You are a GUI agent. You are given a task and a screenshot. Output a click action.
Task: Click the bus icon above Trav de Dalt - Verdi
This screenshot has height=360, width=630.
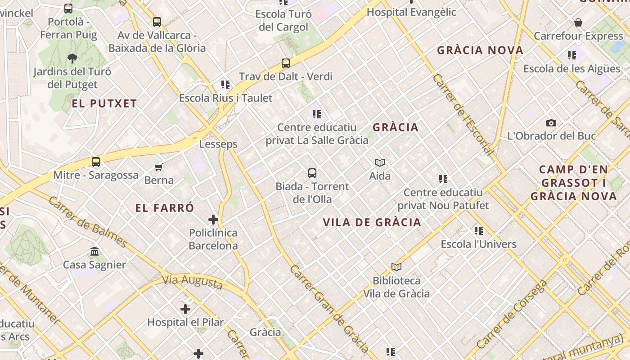pyautogui.click(x=286, y=63)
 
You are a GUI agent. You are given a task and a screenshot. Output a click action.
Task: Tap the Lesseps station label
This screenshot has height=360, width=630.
pyautogui.click(x=218, y=144)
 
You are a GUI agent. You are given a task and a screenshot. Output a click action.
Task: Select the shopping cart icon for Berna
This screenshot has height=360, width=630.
pyautogui.click(x=158, y=167)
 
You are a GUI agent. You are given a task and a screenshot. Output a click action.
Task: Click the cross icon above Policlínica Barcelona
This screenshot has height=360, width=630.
pyautogui.click(x=213, y=220)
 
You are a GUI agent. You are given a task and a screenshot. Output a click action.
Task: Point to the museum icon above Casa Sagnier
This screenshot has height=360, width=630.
pyautogui.click(x=94, y=251)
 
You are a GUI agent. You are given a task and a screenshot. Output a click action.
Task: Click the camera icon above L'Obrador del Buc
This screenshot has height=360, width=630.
pyautogui.click(x=551, y=123)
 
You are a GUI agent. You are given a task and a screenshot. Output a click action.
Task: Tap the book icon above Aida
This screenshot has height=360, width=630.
pyautogui.click(x=380, y=162)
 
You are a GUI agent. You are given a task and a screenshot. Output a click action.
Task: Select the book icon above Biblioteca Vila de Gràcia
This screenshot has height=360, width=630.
pyautogui.click(x=396, y=267)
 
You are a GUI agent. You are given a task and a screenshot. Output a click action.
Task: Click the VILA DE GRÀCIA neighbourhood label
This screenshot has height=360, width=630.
pyautogui.click(x=372, y=222)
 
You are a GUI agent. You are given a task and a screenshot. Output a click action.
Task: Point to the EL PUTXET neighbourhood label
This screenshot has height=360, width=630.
pyautogui.click(x=104, y=103)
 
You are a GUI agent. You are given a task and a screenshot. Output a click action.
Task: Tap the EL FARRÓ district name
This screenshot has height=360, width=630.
pyautogui.click(x=165, y=208)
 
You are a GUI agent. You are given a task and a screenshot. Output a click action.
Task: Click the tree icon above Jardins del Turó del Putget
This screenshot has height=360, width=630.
pyautogui.click(x=72, y=58)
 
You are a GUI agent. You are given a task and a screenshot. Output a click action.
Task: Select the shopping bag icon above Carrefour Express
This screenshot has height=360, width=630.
pyautogui.click(x=578, y=22)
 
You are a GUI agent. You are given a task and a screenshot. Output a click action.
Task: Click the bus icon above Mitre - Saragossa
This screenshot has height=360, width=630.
pyautogui.click(x=96, y=162)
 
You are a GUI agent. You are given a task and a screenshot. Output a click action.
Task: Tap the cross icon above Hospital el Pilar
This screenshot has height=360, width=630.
pyautogui.click(x=185, y=309)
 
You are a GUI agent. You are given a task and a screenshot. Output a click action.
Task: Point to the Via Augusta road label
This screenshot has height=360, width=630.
pyautogui.click(x=193, y=282)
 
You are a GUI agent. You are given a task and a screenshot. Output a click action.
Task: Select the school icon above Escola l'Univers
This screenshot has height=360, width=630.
pyautogui.click(x=479, y=231)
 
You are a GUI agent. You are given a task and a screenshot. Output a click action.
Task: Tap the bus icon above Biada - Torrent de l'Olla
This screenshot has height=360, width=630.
pyautogui.click(x=312, y=173)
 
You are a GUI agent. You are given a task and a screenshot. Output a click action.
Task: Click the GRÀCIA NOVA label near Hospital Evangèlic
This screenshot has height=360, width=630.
pyautogui.click(x=480, y=50)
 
